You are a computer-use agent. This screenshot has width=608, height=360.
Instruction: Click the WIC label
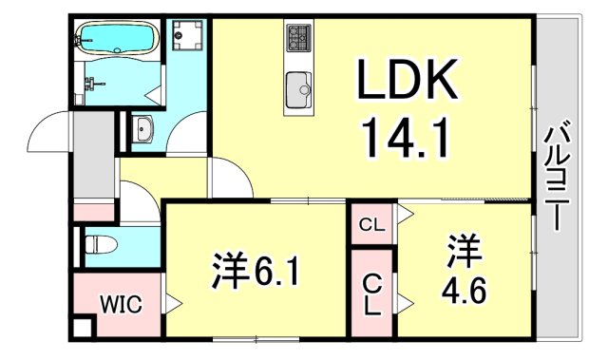tap(121, 305)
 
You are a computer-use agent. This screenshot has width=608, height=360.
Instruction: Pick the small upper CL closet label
tap(371, 224)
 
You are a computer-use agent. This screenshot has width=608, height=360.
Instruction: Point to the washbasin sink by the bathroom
tap(144, 127)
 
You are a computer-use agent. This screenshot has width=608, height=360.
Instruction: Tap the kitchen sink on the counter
tap(298, 90)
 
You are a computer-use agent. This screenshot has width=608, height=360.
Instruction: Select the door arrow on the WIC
tap(174, 305)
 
